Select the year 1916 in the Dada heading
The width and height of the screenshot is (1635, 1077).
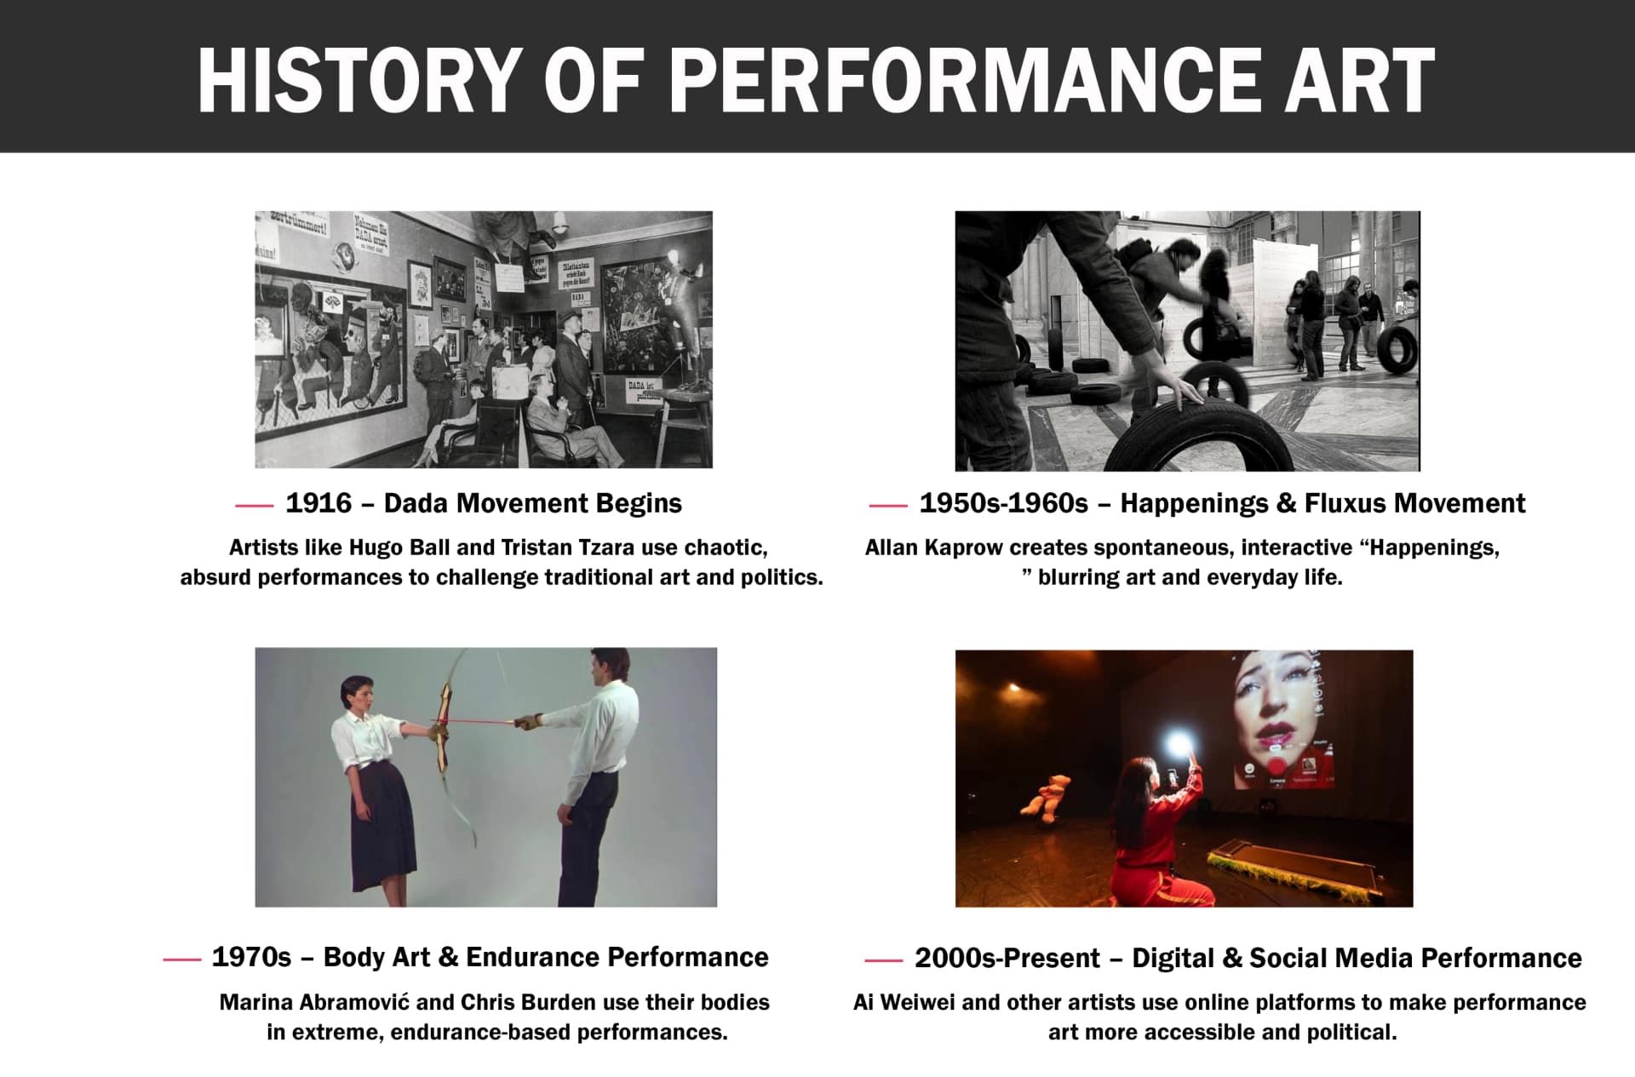(x=318, y=503)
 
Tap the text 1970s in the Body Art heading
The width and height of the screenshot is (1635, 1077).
(x=251, y=957)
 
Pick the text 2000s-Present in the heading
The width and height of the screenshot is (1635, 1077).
(x=1007, y=958)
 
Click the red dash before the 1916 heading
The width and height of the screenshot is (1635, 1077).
(x=254, y=506)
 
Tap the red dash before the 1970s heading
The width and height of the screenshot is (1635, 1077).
(x=181, y=960)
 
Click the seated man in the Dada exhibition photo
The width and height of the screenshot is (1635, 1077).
(x=562, y=421)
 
